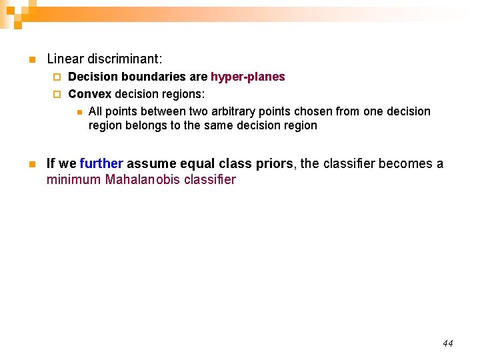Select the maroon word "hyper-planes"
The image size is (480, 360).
(248, 77)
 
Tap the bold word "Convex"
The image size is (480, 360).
(90, 94)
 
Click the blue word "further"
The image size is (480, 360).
(101, 164)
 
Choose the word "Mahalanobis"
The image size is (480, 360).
(143, 179)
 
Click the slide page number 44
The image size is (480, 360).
(447, 343)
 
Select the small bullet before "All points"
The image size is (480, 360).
(79, 112)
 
